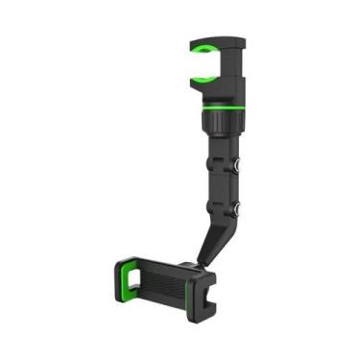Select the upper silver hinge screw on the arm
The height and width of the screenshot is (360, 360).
tap(237, 164)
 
